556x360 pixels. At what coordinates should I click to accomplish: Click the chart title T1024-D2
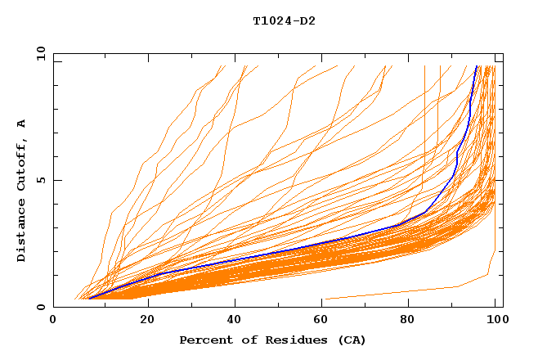[x=284, y=21]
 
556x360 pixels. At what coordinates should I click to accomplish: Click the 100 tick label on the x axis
[x=496, y=320]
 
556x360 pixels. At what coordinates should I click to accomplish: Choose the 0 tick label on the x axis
[x=54, y=320]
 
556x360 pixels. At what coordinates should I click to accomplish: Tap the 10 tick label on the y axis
[x=41, y=53]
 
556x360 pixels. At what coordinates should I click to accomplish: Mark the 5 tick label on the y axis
[x=44, y=180]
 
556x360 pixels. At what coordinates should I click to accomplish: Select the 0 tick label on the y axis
[x=44, y=307]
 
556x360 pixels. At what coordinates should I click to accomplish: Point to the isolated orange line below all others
[x=392, y=292]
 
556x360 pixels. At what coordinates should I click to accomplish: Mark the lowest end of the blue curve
[x=89, y=299]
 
